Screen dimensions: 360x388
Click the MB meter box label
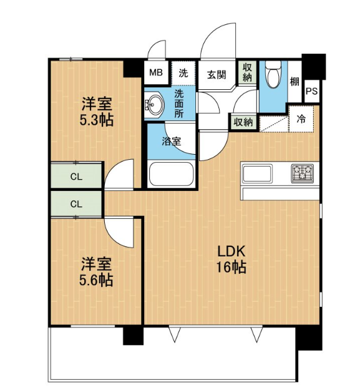(156, 73)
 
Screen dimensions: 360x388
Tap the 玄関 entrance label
(216, 74)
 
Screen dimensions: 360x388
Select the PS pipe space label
(311, 91)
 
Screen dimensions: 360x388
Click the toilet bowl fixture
(273, 74)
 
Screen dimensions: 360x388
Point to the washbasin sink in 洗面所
(154, 105)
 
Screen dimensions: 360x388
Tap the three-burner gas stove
(303, 173)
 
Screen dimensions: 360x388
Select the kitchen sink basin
(257, 173)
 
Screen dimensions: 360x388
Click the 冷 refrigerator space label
(301, 120)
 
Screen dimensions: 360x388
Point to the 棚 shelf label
(294, 82)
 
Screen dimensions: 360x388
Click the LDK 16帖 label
(231, 259)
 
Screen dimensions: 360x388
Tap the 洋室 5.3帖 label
(97, 112)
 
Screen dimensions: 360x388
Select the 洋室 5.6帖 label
(96, 272)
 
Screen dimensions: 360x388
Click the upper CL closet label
(76, 177)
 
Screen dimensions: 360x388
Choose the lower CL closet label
(76, 204)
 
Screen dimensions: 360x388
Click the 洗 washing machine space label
(183, 73)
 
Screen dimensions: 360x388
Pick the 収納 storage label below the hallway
(243, 122)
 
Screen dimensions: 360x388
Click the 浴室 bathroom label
(172, 142)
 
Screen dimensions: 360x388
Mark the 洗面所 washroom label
(179, 104)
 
